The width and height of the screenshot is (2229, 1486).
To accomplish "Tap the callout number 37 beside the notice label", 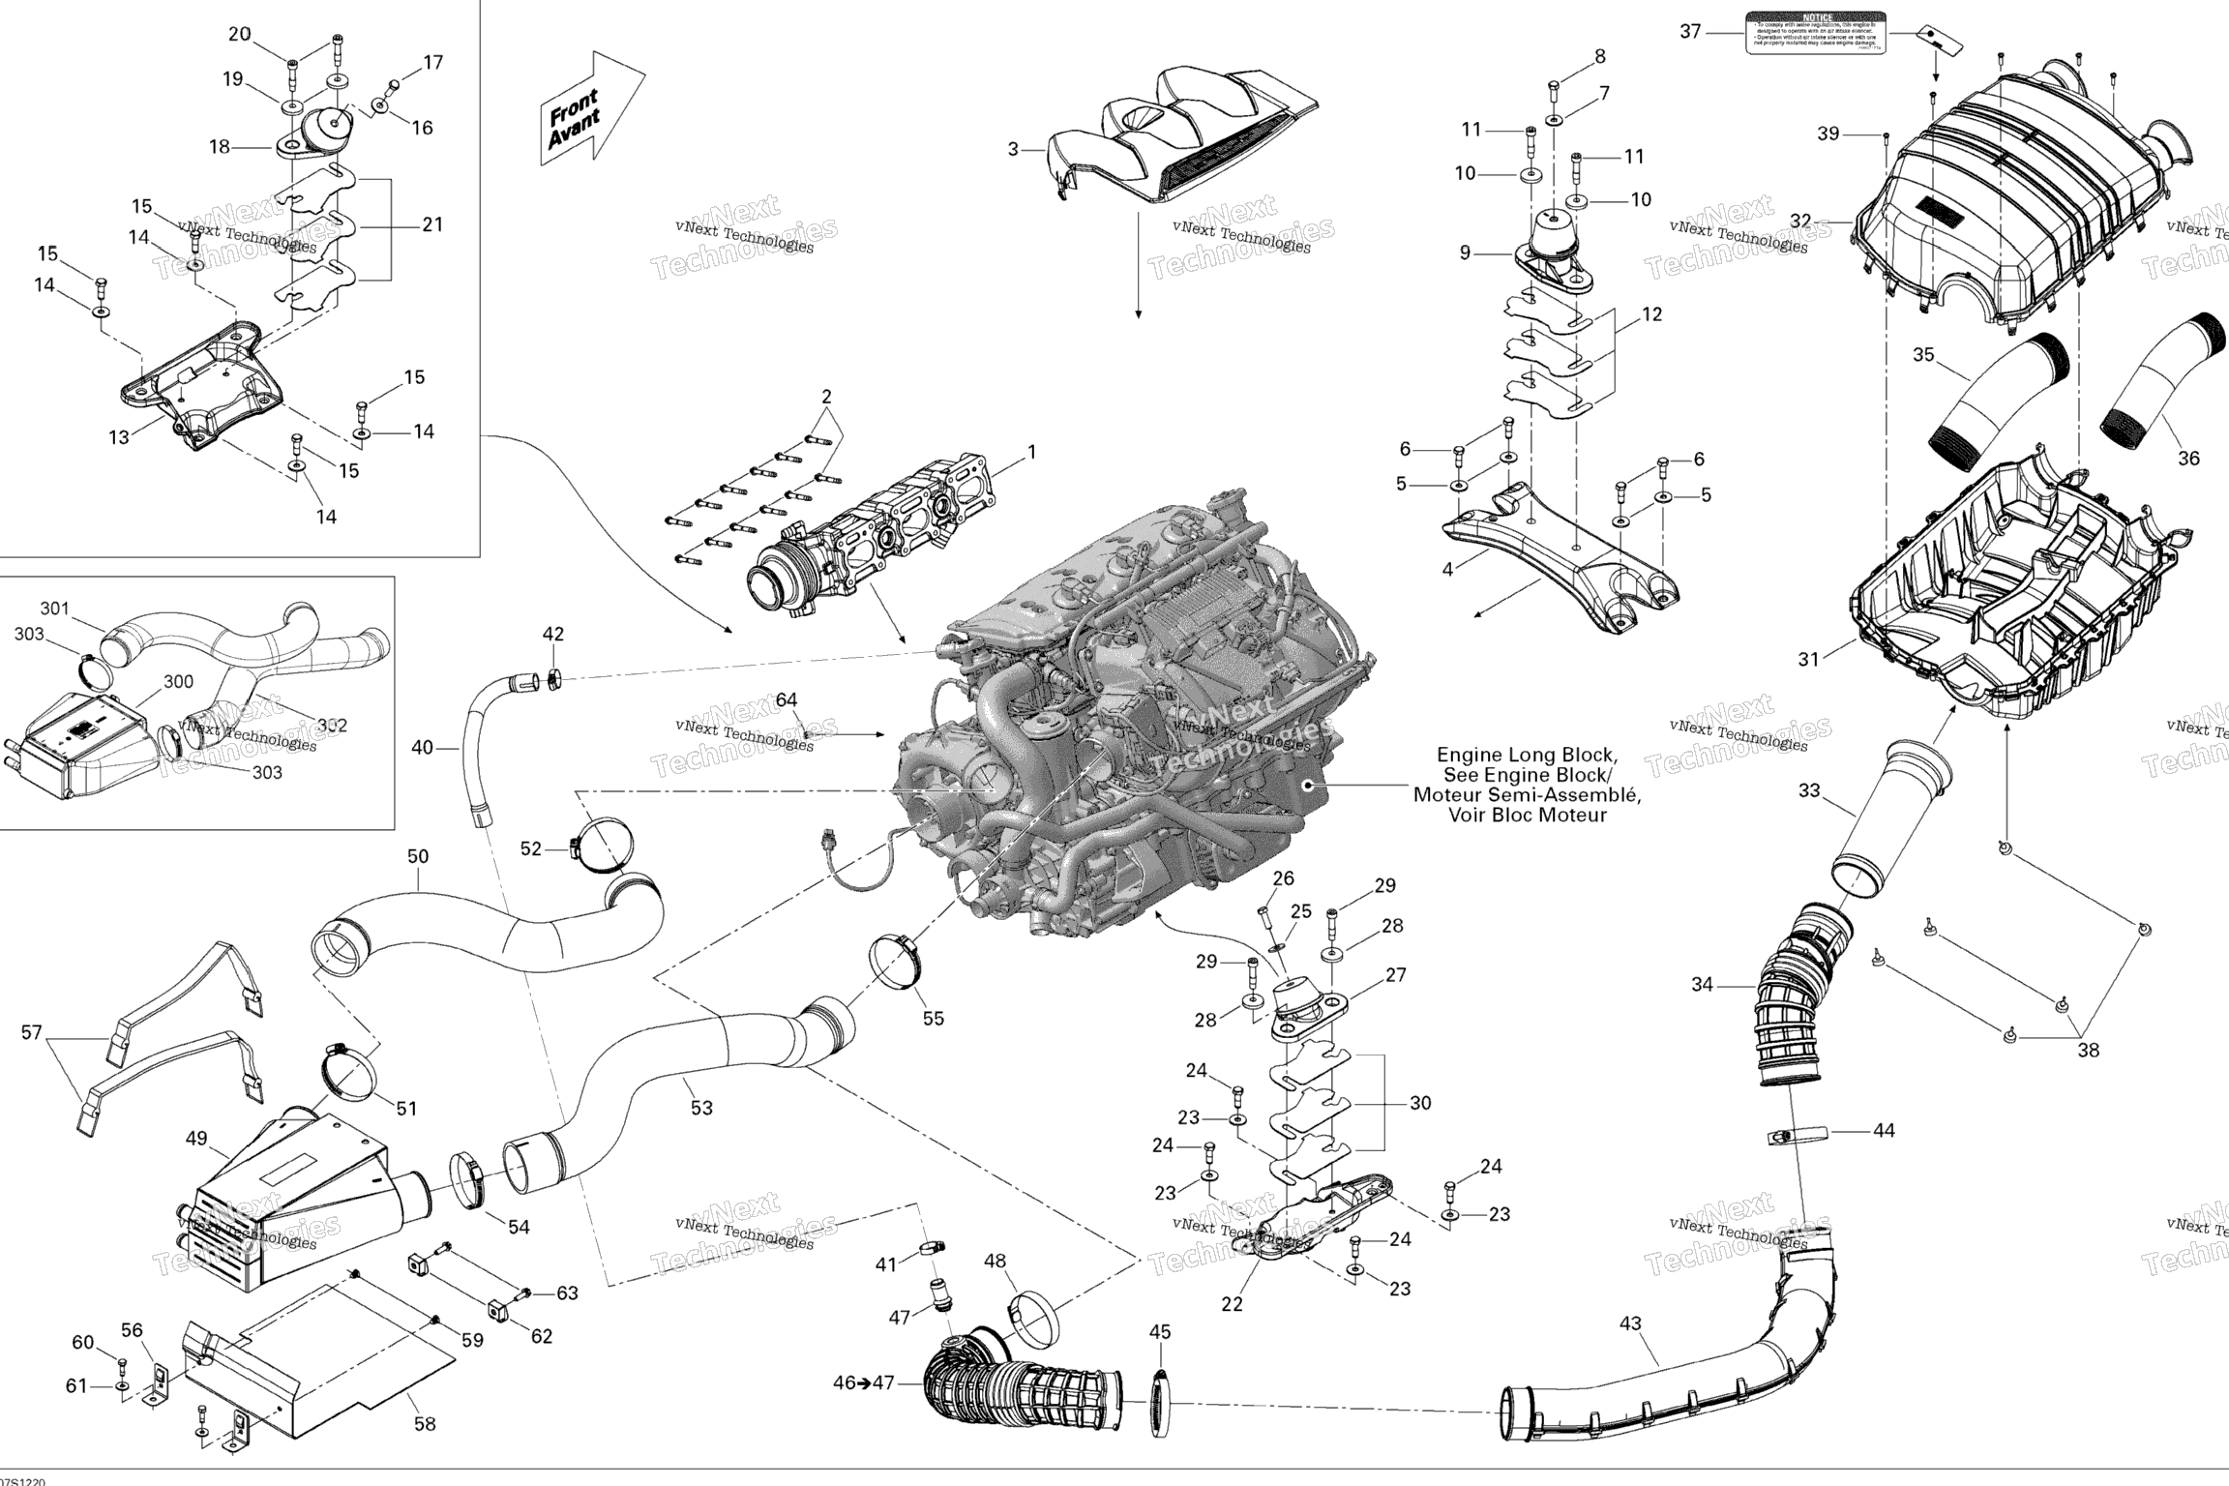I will [x=1690, y=32].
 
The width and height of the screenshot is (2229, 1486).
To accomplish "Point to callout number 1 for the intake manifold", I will [x=1031, y=452].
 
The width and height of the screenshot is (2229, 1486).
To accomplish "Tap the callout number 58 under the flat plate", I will [x=425, y=1424].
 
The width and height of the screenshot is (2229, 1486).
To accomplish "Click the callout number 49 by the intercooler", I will [x=196, y=1139].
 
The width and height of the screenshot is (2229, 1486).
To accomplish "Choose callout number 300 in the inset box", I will [x=178, y=682].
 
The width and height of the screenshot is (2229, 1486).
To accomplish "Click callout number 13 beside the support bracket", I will [x=118, y=438].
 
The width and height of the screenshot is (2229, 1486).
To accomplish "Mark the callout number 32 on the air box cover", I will [x=1799, y=221].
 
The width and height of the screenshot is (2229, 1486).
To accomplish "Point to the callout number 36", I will [x=2188, y=458].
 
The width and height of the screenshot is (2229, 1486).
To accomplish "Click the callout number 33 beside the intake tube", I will [x=1808, y=790].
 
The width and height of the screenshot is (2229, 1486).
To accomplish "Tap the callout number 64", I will [x=787, y=700].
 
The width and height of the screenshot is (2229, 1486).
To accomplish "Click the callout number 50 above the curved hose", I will [x=418, y=856].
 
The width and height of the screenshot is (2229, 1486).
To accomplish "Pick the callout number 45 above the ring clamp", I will [x=1160, y=1332].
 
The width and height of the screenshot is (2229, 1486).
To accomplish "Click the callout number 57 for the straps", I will [x=32, y=1033].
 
